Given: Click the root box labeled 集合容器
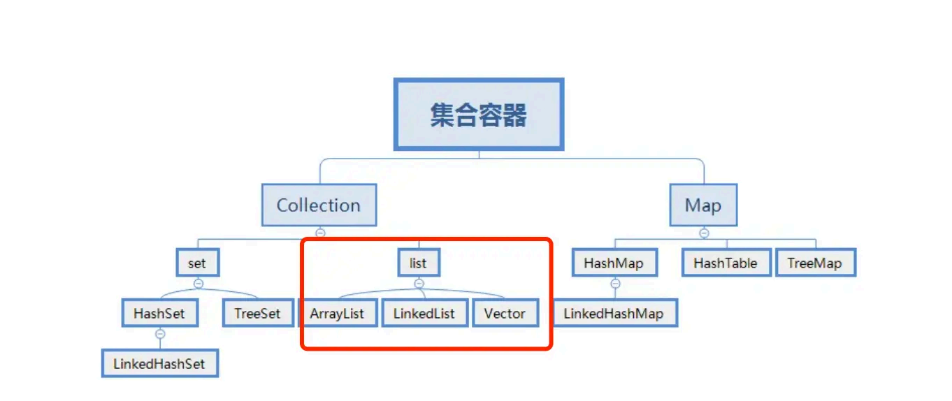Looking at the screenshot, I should pos(479,115).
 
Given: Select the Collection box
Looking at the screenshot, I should pos(319,205).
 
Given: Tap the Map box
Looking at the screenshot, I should pos(703,205).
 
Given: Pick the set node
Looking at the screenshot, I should pos(197,263).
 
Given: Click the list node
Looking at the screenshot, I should pos(419,263).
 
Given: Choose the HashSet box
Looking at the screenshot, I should pos(160,314).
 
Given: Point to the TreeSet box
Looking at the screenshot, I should pos(257,314).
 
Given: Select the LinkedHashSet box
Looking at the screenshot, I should pos(159,363).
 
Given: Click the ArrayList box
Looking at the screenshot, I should pos(337,314).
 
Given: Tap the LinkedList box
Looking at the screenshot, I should pos(424,314).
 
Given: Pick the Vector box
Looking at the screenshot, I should pos(505,314).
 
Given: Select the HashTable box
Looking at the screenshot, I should pos(726,263).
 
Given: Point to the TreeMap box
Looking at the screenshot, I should pos(814,263).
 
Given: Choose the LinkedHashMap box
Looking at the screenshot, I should pos(614,314).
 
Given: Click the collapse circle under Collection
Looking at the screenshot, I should pos(320,233).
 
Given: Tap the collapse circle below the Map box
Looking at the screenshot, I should pos(704,233).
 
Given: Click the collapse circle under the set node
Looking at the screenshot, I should pos(198,284).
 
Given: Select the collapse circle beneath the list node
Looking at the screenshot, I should pos(419,284).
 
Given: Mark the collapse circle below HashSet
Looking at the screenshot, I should pos(160,334).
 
